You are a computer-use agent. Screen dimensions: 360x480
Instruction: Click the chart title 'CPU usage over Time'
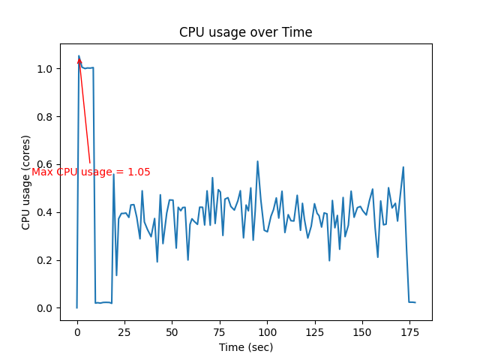pos(245,32)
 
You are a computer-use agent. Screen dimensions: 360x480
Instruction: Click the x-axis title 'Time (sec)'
pos(245,347)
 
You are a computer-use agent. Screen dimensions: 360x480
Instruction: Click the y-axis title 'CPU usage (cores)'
pos(26,182)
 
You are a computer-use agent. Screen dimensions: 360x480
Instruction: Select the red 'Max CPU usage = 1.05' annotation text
pos(91,172)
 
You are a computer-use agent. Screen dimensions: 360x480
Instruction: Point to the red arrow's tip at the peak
pos(79,58)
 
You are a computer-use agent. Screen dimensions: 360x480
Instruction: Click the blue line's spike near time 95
pos(257,161)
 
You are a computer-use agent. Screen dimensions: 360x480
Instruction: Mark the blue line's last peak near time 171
pos(403,167)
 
